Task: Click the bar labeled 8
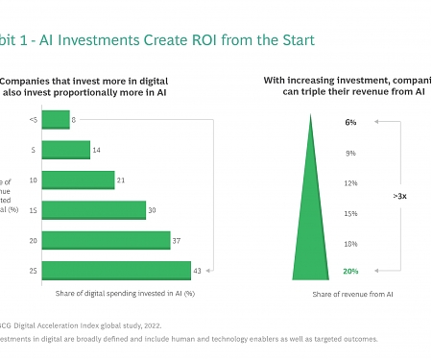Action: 56,119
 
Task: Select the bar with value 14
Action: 66,150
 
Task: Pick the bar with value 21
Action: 79,180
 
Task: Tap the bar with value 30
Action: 94,210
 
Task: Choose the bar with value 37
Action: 107,240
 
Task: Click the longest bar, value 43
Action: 116,271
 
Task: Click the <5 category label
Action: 33,119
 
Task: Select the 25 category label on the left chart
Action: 34,271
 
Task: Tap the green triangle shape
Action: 311,230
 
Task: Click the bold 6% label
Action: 350,123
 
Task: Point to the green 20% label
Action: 350,272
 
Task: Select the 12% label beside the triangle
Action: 350,182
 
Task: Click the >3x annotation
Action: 399,196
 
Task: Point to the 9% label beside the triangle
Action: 351,153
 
